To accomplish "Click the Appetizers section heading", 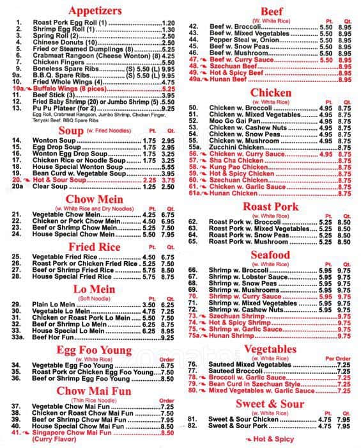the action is pyautogui.click(x=95, y=11).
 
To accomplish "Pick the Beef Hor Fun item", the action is pyautogui.click(x=56, y=337).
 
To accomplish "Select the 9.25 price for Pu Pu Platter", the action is pyautogui.click(x=169, y=109).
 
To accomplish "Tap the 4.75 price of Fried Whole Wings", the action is pyautogui.click(x=169, y=83).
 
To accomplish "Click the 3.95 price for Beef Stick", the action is pyautogui.click(x=169, y=95).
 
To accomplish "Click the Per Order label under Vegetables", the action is pyautogui.click(x=338, y=358).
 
